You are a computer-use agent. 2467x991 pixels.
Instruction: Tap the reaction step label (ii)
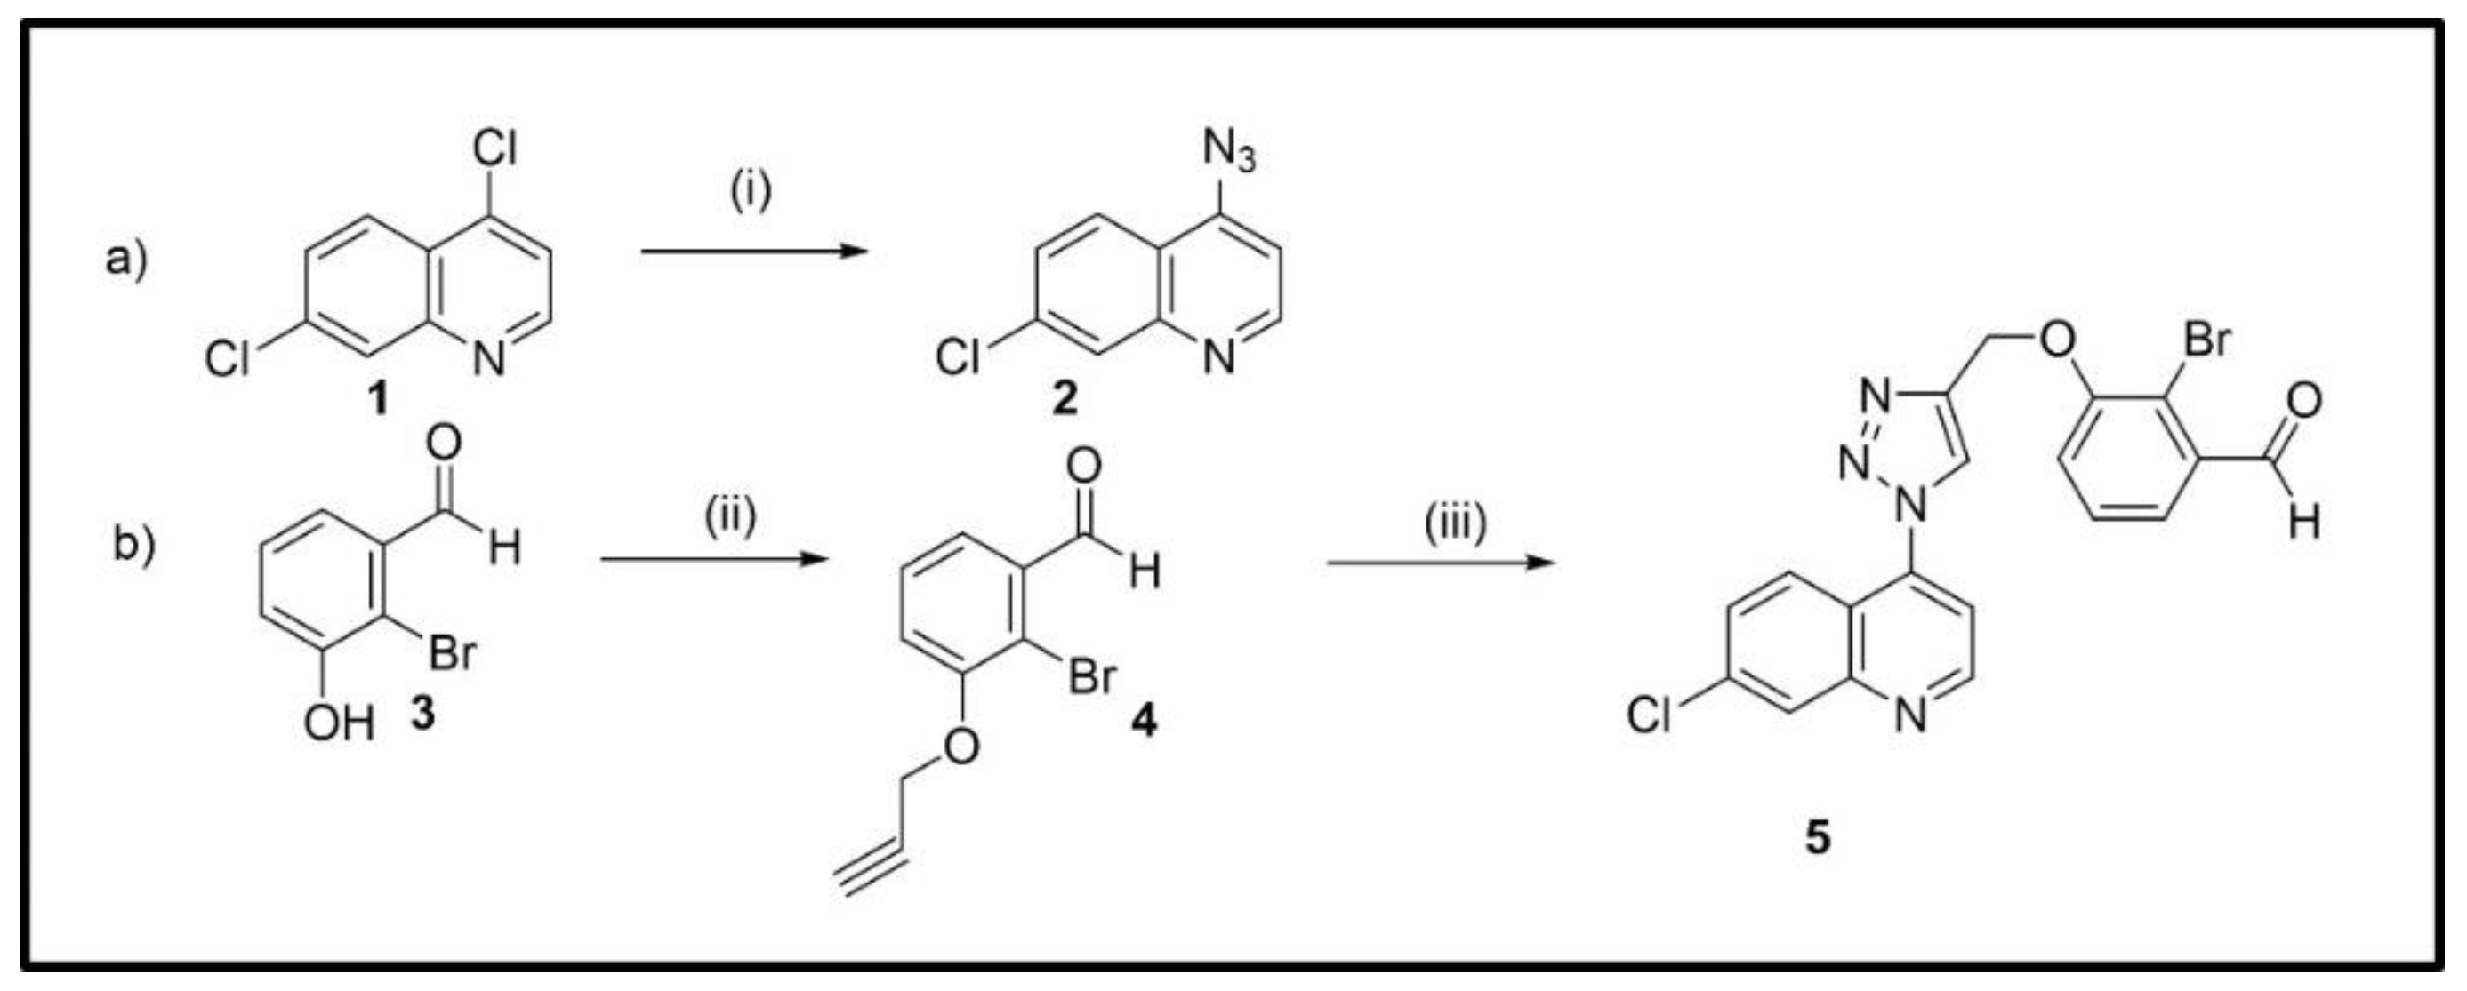(x=730, y=517)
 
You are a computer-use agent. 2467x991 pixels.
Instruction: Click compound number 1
(x=379, y=399)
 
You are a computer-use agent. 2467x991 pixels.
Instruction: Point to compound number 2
(x=1065, y=399)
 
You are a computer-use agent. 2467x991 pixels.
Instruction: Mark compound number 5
(x=1817, y=838)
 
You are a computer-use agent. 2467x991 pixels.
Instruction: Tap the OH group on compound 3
(x=337, y=723)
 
